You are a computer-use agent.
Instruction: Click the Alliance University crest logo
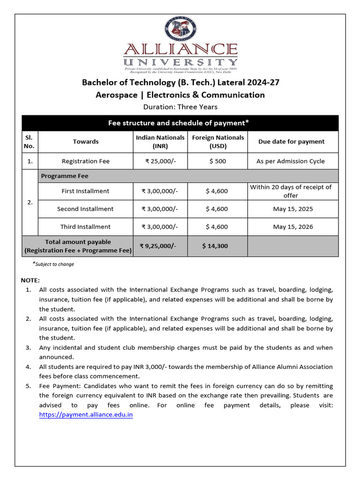pos(180,29)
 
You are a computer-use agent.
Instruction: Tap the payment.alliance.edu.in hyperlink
pos(86,415)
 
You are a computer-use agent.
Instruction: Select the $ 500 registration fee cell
pos(217,161)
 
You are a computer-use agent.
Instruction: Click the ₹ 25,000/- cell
pos(160,161)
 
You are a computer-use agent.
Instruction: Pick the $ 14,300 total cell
pos(215,246)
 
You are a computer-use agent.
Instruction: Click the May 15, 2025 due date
pos(292,209)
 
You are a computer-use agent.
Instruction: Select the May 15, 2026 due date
pos(292,227)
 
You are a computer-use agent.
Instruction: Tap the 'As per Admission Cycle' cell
pos(291,161)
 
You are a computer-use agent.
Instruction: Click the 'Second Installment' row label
pos(85,209)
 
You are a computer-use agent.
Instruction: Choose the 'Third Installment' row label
pos(85,227)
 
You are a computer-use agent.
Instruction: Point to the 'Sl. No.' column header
pos(30,142)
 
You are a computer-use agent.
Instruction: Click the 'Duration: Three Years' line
pos(180,107)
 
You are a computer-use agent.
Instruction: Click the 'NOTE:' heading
pos(30,280)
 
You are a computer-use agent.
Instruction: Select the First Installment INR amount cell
pos(160,191)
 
